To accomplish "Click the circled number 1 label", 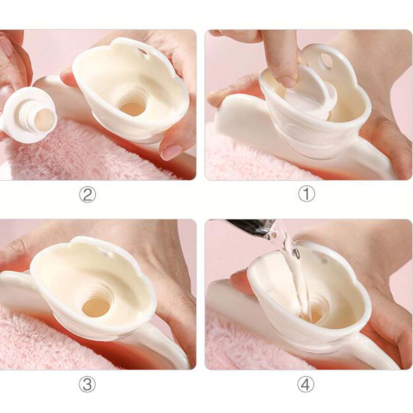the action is tap(306, 194).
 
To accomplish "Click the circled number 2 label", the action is tap(87, 194).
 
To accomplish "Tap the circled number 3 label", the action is tap(87, 384).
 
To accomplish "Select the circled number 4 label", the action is tap(306, 384).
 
